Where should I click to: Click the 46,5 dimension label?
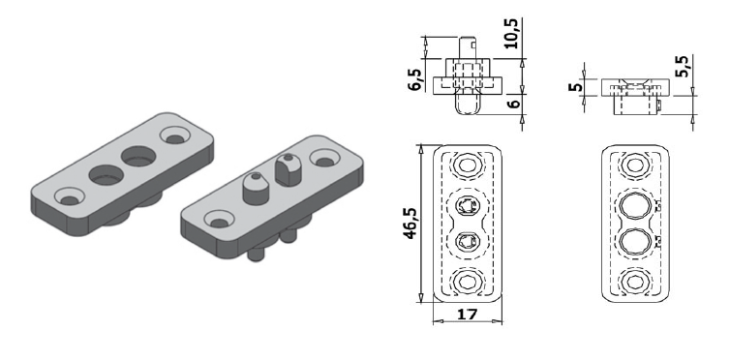pyautogui.click(x=411, y=224)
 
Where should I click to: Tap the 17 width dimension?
pyautogui.click(x=467, y=315)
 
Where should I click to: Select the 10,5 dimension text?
pyautogui.click(x=511, y=34)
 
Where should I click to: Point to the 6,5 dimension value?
pyautogui.click(x=415, y=79)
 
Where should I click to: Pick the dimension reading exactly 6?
pyautogui.click(x=513, y=103)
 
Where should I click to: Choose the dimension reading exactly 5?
pyautogui.click(x=575, y=86)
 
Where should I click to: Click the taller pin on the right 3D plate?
pyautogui.click(x=288, y=169)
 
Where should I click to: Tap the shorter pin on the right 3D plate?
pyautogui.click(x=256, y=189)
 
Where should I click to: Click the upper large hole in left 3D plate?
pyautogui.click(x=138, y=156)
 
